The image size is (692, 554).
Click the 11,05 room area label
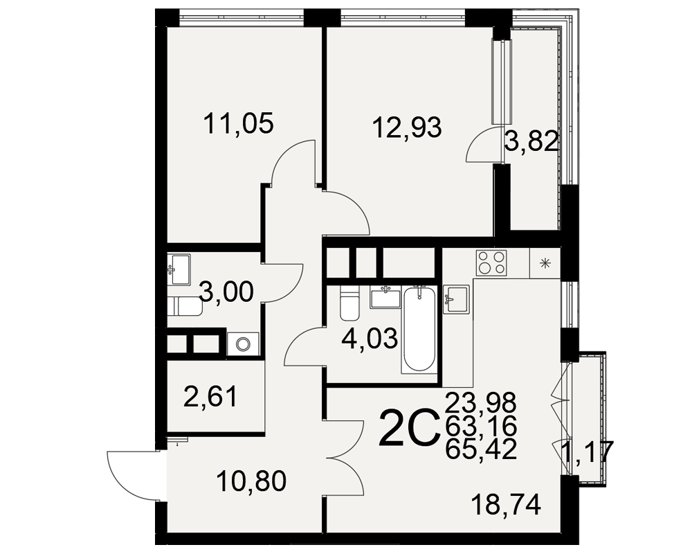pyautogui.click(x=238, y=124)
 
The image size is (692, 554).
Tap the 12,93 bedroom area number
pyautogui.click(x=406, y=127)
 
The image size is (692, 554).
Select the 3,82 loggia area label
pyautogui.click(x=531, y=142)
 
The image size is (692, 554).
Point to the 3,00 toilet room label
pyautogui.click(x=226, y=292)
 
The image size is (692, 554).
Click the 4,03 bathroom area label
pyautogui.click(x=370, y=339)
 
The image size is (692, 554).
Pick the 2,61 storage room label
pyautogui.click(x=210, y=396)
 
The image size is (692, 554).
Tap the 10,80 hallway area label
pyautogui.click(x=252, y=481)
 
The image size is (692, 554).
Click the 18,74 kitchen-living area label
pyautogui.click(x=506, y=505)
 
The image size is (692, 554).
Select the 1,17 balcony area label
pyautogui.click(x=587, y=452)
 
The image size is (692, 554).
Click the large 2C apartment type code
pyautogui.click(x=410, y=428)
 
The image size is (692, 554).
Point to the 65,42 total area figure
pyautogui.click(x=481, y=449)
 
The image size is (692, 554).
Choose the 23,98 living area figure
pyautogui.click(x=481, y=402)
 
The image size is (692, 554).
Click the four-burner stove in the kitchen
pyautogui.click(x=491, y=263)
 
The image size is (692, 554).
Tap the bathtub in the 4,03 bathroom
pyautogui.click(x=419, y=329)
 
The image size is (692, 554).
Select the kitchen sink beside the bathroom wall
pyautogui.click(x=456, y=299)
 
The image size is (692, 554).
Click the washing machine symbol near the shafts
pyautogui.click(x=242, y=343)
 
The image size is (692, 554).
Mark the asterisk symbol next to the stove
pyautogui.click(x=545, y=264)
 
